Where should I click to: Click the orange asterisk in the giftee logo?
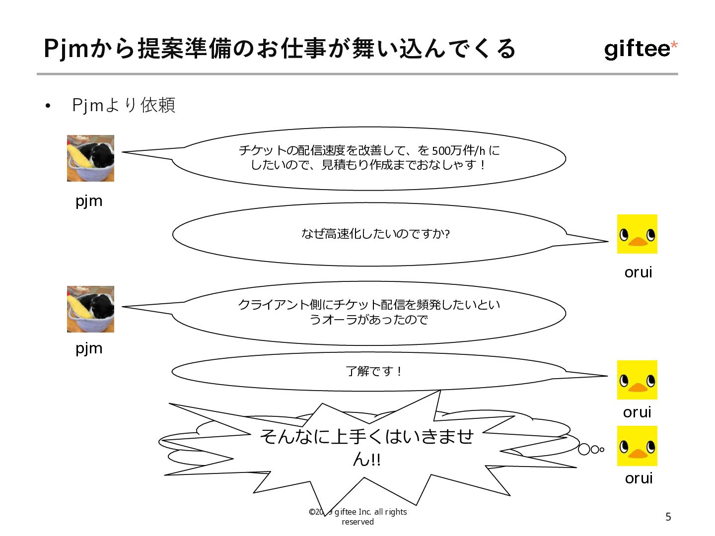pyautogui.click(x=674, y=46)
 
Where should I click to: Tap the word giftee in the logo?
pyautogui.click(x=637, y=49)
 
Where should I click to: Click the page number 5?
pyautogui.click(x=668, y=517)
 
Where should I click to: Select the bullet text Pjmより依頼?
pyautogui.click(x=124, y=105)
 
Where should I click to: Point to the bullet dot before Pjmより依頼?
pyautogui.click(x=48, y=106)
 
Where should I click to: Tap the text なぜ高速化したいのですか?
pyautogui.click(x=375, y=234)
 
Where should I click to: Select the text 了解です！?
pyautogui.click(x=374, y=371)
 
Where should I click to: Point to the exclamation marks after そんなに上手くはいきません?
pyautogui.click(x=375, y=460)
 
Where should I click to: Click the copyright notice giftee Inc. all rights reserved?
pyautogui.click(x=358, y=517)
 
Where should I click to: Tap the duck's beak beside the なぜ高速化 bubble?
pyautogui.click(x=638, y=242)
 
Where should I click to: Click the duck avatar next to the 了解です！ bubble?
pyautogui.click(x=637, y=380)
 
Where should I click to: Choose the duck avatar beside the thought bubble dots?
pyautogui.click(x=637, y=446)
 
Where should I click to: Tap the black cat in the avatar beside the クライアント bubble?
pyautogui.click(x=98, y=305)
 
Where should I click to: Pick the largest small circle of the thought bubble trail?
pyautogui.click(x=584, y=450)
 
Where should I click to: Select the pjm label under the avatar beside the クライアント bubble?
pyautogui.click(x=89, y=348)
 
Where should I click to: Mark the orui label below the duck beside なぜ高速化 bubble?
pyautogui.click(x=638, y=272)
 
